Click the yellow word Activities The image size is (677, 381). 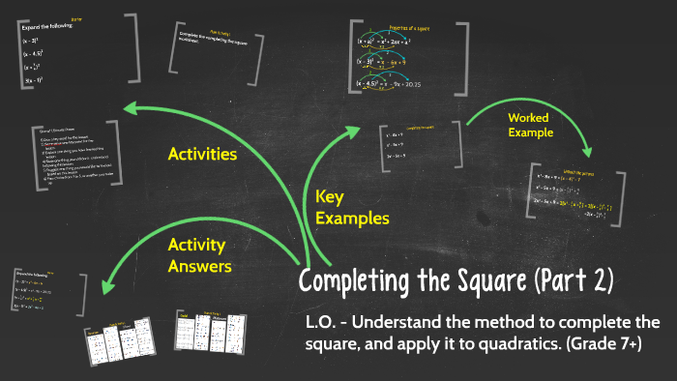[202, 154]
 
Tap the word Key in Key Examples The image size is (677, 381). [330, 197]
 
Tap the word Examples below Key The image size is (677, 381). [352, 219]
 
